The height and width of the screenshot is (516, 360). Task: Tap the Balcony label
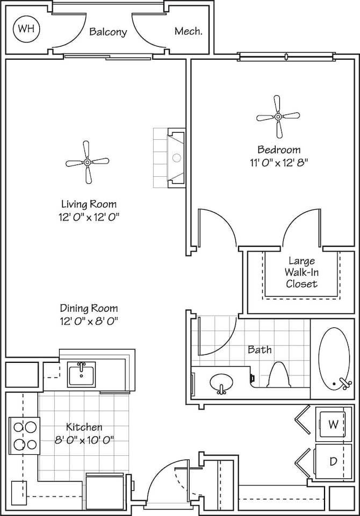tap(108, 32)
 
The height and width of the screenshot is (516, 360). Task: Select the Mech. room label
tap(189, 32)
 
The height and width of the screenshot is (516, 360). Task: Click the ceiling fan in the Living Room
tap(87, 162)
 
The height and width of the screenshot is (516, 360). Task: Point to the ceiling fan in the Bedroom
tap(278, 116)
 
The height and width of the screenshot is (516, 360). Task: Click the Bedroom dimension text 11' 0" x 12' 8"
tap(278, 161)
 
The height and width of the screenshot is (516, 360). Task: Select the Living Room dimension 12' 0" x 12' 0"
tap(89, 217)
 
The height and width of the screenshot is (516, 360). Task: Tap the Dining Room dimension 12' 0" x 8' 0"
tap(89, 321)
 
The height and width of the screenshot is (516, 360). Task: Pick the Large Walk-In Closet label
tap(301, 273)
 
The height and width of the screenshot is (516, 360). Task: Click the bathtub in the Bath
tap(334, 359)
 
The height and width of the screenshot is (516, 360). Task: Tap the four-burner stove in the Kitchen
tap(25, 436)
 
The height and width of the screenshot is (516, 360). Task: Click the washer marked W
tap(333, 425)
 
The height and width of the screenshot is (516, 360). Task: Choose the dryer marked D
tap(333, 461)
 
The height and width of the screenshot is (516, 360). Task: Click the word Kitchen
tap(84, 427)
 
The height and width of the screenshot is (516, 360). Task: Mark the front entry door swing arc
tap(161, 476)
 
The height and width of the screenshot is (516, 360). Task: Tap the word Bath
tap(260, 349)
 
